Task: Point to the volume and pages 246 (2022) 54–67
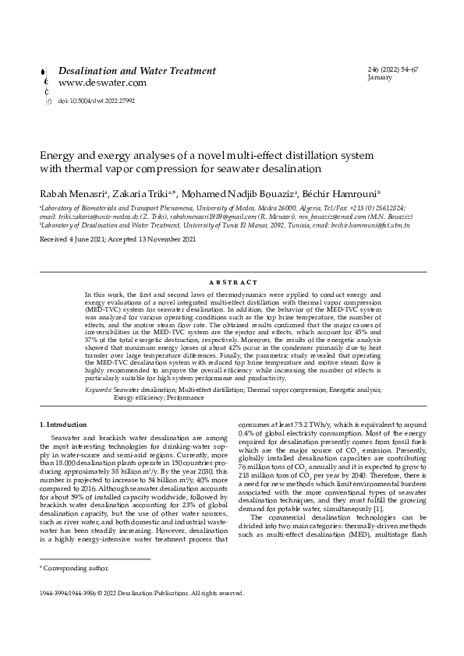(392, 70)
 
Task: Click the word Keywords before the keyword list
(97, 388)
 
